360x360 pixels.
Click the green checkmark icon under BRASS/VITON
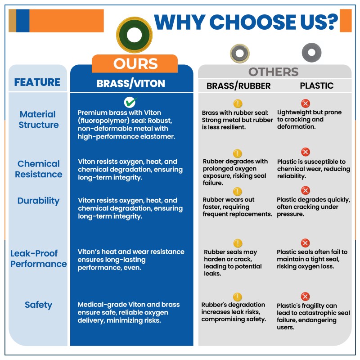click(131, 102)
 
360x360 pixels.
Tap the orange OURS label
click(135, 64)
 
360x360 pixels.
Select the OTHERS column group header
click(273, 72)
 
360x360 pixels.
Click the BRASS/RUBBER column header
click(238, 85)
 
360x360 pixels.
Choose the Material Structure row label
click(38, 120)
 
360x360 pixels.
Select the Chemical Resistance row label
click(38, 169)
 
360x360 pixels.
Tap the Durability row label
click(38, 201)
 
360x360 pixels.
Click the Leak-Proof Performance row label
click(38, 259)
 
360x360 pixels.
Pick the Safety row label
click(38, 305)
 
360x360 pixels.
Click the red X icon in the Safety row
click(305, 297)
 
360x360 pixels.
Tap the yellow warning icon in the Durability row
click(238, 192)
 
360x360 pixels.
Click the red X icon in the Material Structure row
click(305, 103)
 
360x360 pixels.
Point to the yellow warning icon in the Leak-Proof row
click(238, 243)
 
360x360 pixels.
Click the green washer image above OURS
click(134, 35)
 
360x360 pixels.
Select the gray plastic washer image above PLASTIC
click(311, 52)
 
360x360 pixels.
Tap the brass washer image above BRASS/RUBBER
click(239, 54)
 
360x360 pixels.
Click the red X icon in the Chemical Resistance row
click(305, 152)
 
